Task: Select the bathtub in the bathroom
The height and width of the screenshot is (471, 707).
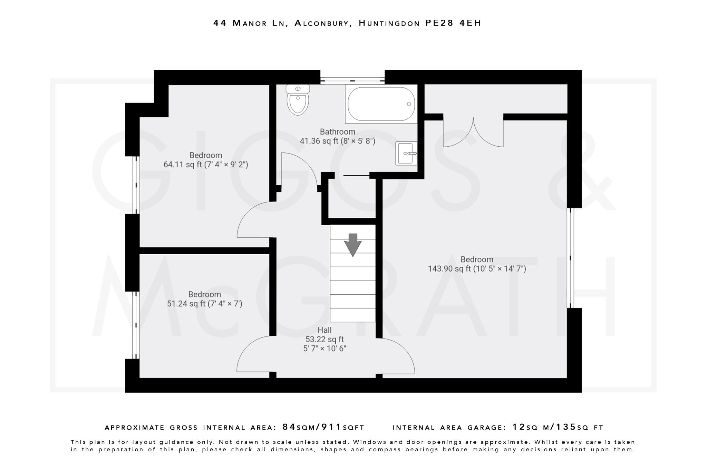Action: [381, 104]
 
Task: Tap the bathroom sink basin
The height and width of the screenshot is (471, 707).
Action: [406, 153]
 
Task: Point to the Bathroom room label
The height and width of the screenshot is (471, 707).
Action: [337, 132]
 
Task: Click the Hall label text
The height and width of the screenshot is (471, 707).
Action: [325, 330]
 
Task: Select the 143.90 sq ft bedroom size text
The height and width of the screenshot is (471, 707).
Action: [477, 269]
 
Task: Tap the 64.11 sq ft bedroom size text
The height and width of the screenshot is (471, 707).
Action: [206, 165]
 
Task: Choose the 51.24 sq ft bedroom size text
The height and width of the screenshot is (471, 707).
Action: [204, 304]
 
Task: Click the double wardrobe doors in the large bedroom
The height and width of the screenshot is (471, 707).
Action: [473, 133]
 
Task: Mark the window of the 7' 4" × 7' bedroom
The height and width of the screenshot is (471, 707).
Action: [136, 325]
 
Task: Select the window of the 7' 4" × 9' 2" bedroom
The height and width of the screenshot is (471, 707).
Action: [136, 185]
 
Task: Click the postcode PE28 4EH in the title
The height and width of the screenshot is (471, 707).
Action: [453, 23]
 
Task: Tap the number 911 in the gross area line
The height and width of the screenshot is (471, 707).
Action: [331, 427]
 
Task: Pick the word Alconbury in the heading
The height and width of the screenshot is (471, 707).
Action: [321, 23]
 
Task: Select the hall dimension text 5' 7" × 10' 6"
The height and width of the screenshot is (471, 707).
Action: [325, 349]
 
